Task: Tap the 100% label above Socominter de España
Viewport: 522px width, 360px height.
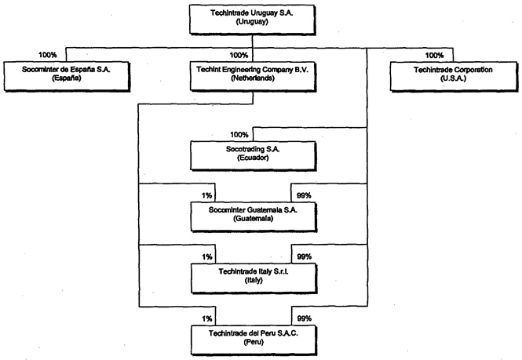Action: [49, 55]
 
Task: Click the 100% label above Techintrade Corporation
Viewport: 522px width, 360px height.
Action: [433, 55]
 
